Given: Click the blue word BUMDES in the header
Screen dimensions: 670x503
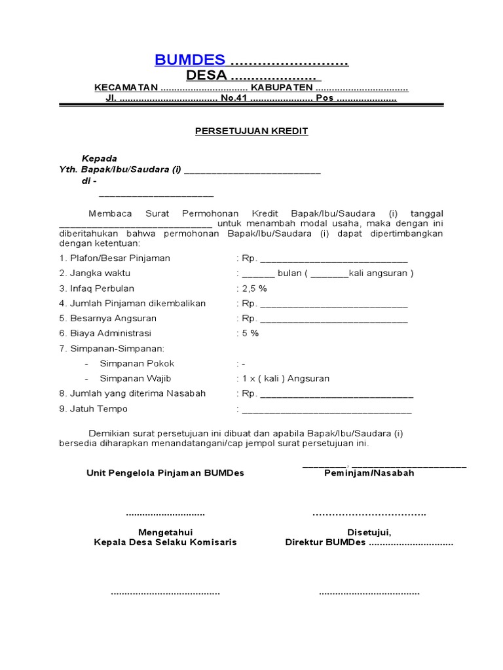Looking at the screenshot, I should pos(190,60).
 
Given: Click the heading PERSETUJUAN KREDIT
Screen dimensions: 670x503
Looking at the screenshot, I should pos(251,131).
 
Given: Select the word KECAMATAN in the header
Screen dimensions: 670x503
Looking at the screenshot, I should pos(126,88).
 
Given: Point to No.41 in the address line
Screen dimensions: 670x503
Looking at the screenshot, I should pos(233,98).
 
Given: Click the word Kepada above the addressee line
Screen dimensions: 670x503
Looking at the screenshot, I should pos(99,158).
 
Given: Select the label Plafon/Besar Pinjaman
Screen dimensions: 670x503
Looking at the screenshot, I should pos(115,258).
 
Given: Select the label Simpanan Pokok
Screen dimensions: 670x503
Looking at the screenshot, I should pos(137,363).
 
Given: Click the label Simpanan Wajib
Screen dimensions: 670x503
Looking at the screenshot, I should pos(137,378).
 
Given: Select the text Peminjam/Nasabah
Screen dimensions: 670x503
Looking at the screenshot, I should pos(369,473).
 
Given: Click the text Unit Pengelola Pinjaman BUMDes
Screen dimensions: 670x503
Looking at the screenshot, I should pos(165,473).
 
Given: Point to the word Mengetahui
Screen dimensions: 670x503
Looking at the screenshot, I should pos(165,532).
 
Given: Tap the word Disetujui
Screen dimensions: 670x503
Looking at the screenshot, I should pos(369,532).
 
